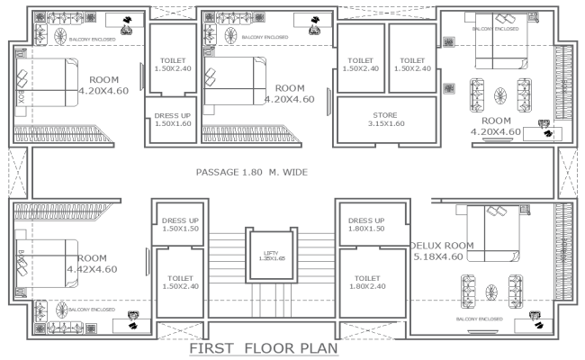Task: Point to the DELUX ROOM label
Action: click(441, 245)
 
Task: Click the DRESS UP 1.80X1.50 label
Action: click(366, 225)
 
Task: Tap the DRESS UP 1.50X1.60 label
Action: click(172, 120)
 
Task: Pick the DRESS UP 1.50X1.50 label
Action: click(179, 225)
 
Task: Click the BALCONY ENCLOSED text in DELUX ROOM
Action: click(478, 319)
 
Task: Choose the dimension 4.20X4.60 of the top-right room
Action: click(496, 132)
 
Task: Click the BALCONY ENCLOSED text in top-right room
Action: click(496, 29)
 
